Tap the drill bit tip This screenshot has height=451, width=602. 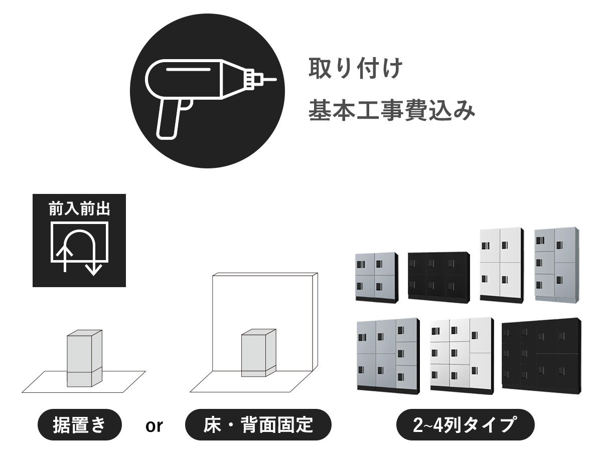pos(276,80)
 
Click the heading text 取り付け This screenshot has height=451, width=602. pos(356,68)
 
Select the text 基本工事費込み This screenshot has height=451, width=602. pos(391,110)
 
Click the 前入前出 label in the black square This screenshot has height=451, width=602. pos(79,209)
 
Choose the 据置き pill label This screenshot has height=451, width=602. pos(80,425)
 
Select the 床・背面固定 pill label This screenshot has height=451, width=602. pos(258,425)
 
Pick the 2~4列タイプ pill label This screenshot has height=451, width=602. pos(466,425)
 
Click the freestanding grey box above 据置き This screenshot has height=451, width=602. pos(84,358)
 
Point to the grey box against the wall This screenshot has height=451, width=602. pos(259,353)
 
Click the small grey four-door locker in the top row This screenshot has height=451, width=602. pos(377,278)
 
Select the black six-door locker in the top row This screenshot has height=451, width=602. pos(439,278)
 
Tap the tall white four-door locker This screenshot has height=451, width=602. pos(502,266)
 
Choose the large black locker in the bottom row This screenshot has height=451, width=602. pos(542,356)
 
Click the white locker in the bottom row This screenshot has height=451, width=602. pos(462,356)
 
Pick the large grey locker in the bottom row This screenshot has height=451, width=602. pos(388,356)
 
